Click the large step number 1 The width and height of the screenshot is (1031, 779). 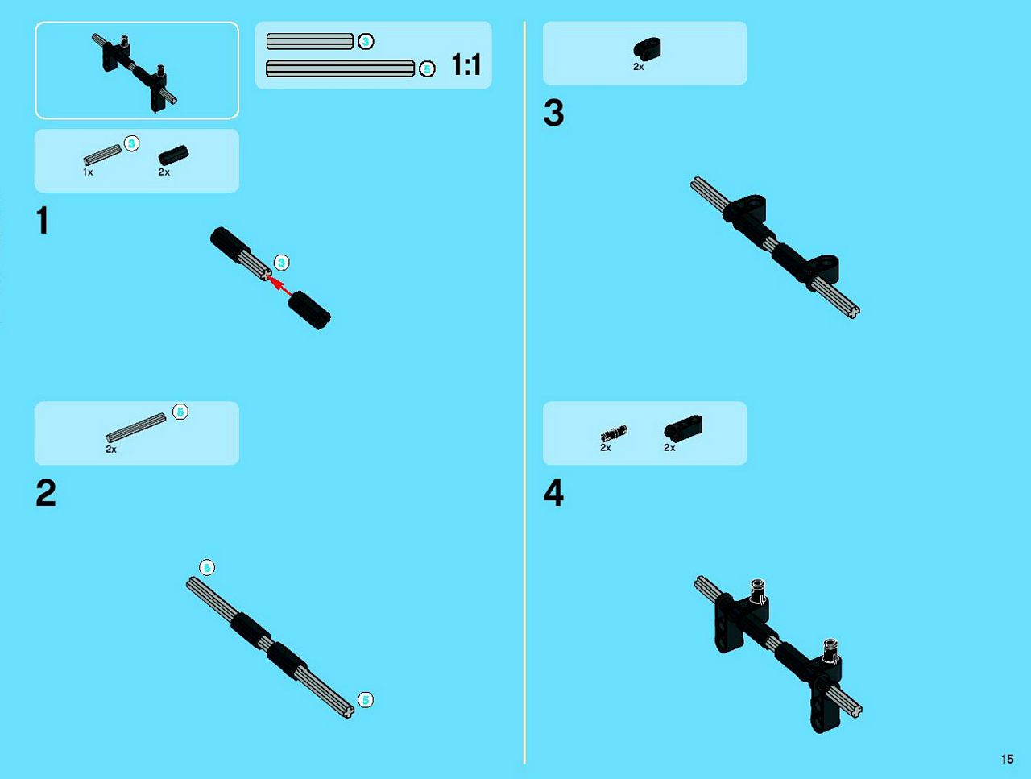point(43,220)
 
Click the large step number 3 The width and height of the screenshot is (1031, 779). point(554,113)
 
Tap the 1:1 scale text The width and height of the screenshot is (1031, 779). point(466,64)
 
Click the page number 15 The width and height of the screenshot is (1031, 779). point(1007,760)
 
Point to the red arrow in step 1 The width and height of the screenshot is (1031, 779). point(279,285)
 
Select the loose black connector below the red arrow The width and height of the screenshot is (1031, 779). point(309,310)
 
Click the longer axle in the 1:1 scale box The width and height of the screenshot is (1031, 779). point(340,68)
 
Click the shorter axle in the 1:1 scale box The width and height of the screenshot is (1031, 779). point(309,41)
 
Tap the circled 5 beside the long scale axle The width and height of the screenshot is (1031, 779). point(427,69)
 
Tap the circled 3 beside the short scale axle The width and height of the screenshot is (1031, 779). point(366,42)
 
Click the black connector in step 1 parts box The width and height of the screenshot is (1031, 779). point(173,155)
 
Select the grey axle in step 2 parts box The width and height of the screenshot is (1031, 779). point(136,428)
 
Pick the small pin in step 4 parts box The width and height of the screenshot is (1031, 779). point(614,433)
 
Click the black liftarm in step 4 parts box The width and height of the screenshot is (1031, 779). point(683,426)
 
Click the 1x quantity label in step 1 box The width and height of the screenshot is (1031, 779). point(88,172)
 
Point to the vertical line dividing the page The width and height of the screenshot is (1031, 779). point(524,392)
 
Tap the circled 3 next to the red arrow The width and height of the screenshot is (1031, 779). point(281,263)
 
